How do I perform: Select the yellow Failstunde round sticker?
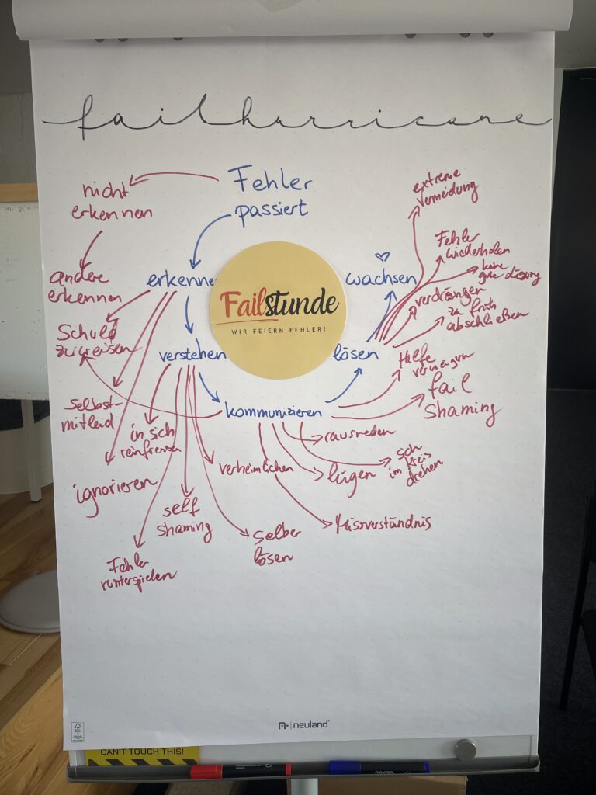click(x=277, y=310)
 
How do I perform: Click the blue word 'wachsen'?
click(x=381, y=279)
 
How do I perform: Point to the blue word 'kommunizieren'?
click(x=272, y=411)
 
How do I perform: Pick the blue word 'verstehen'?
click(x=192, y=356)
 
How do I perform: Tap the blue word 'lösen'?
click(x=355, y=355)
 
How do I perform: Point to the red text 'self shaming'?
click(x=183, y=520)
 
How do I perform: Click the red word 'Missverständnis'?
click(x=383, y=524)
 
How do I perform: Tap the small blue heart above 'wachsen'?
click(x=381, y=255)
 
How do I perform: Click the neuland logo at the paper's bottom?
click(x=303, y=724)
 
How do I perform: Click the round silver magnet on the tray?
click(x=465, y=749)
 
